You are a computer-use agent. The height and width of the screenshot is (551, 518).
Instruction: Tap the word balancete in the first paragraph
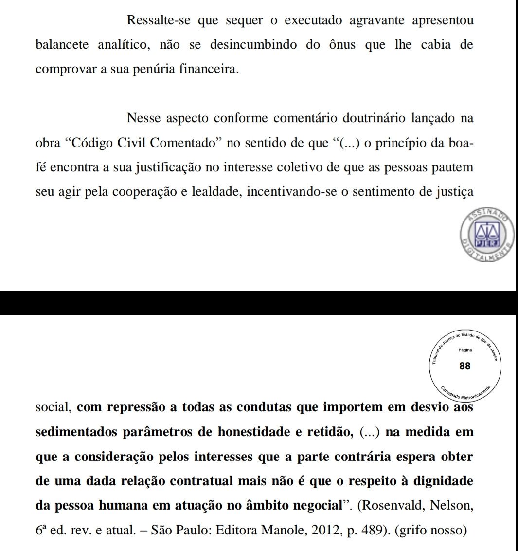[x=62, y=45]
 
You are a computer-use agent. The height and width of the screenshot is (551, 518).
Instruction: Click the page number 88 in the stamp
[x=465, y=366]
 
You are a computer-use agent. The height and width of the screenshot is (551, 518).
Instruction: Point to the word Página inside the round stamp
[x=465, y=350]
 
